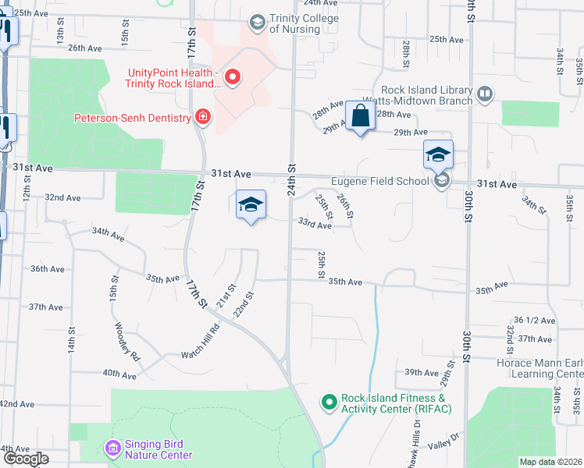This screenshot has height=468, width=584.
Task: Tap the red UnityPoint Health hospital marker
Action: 232,76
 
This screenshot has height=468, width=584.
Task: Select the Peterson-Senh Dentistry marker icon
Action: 203,118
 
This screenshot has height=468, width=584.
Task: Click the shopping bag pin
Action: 360,118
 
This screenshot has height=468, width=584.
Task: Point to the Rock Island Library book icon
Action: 485,94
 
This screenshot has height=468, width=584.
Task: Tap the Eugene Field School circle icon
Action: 443,182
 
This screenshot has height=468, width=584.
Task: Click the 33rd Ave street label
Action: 315,225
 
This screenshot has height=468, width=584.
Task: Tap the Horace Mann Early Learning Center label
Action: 539,368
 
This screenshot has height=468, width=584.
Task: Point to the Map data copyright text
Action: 551,462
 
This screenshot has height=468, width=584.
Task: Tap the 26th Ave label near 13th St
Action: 85,48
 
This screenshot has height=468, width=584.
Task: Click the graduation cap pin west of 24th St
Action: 251,205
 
